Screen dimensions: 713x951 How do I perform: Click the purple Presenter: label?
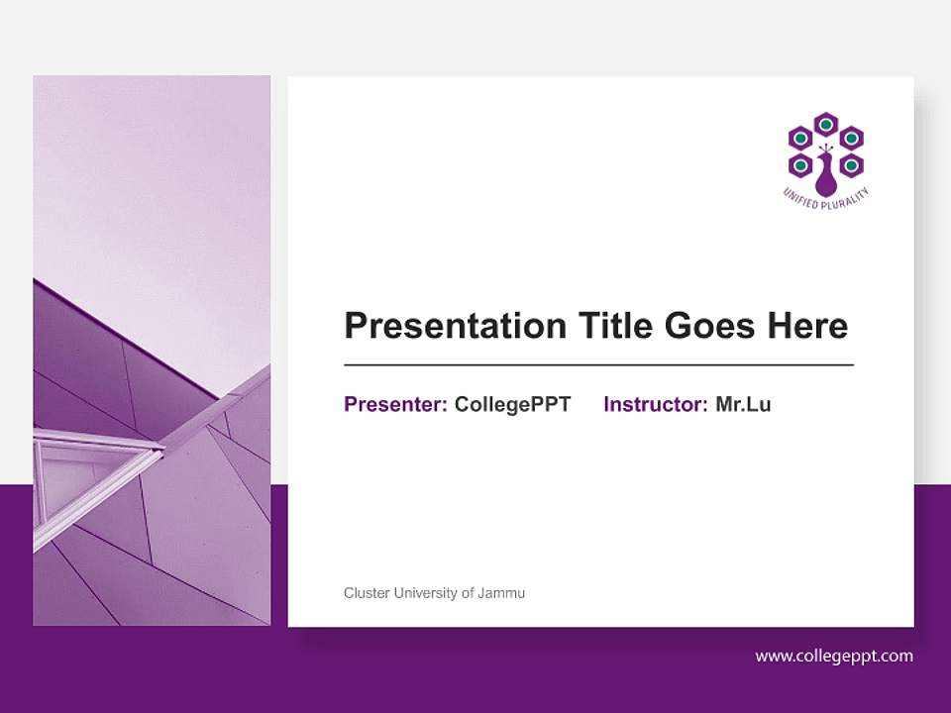tap(395, 404)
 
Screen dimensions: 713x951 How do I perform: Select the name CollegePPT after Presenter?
tap(512, 404)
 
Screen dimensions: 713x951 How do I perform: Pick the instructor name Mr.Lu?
tap(743, 404)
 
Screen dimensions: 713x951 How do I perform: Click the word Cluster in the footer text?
tap(367, 593)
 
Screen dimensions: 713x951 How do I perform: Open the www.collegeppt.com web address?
tap(834, 656)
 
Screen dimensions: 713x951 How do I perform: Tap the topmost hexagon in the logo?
tap(825, 124)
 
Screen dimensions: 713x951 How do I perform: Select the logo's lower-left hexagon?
tap(799, 164)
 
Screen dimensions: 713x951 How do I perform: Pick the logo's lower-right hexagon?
tap(851, 164)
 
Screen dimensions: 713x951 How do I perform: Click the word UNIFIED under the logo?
tap(799, 198)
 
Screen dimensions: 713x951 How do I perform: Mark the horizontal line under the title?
tap(598, 364)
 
